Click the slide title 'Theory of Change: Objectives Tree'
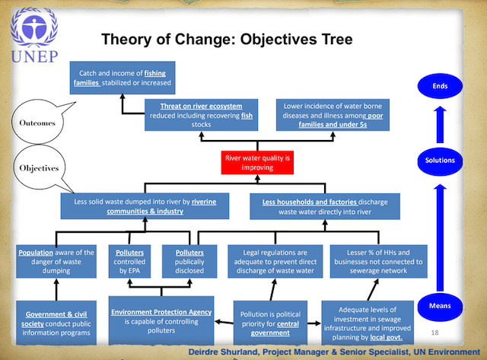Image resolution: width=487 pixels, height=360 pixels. pyautogui.click(x=227, y=39)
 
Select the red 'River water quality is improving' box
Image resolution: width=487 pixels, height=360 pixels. pyautogui.click(x=257, y=162)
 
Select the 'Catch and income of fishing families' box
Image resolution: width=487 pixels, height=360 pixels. pyautogui.click(x=123, y=77)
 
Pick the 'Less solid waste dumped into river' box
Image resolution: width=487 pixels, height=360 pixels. pyautogui.click(x=144, y=205)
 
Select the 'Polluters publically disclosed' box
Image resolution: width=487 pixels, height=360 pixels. pyautogui.click(x=189, y=260)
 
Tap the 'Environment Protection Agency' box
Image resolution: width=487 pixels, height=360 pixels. pyautogui.click(x=161, y=317)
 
